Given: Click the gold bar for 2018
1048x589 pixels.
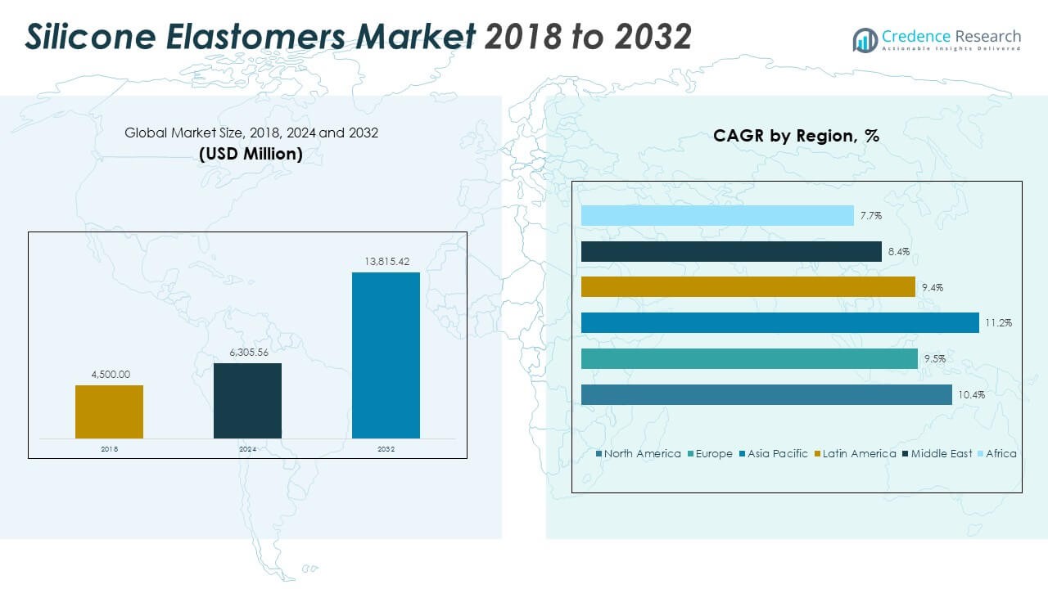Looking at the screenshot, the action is point(109,411).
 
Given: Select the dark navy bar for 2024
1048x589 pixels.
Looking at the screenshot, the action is point(247,401).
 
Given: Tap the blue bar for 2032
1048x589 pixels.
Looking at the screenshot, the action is point(386,355).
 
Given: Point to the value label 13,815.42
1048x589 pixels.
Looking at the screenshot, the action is point(387,261).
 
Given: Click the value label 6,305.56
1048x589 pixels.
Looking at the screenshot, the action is point(249,353).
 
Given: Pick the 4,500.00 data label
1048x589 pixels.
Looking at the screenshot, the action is point(111,375).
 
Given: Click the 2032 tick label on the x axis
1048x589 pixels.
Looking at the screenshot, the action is point(386,449).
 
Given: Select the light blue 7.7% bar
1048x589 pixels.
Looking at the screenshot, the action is point(717,215).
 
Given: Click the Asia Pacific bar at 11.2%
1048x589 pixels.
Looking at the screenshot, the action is point(780,322).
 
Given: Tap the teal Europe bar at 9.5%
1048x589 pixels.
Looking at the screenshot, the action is point(749,358).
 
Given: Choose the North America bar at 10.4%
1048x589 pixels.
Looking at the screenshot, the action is point(766,394).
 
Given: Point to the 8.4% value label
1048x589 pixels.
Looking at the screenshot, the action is point(899,251).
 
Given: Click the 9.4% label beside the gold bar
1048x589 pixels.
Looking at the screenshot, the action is point(933,287).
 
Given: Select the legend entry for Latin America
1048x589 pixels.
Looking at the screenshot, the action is point(856,453).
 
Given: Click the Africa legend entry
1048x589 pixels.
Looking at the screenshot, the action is point(997,453).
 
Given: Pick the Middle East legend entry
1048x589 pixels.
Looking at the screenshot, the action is point(937,453).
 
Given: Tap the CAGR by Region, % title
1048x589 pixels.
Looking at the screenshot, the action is point(797,136).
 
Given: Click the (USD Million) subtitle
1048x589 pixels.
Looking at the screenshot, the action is point(251,154).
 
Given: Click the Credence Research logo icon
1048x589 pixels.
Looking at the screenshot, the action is point(865,40).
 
